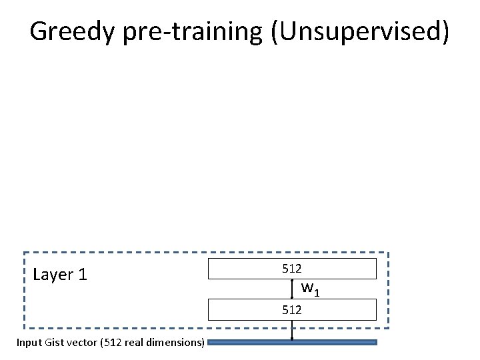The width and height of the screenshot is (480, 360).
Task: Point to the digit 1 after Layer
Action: pyautogui.click(x=83, y=275)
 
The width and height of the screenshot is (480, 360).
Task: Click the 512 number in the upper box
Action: pyautogui.click(x=292, y=269)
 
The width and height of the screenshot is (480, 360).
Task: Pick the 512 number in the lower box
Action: pyautogui.click(x=292, y=310)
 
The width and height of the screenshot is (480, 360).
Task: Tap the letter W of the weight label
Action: pyautogui.click(x=307, y=288)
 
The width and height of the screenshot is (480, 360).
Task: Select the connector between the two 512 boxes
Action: pyautogui.click(x=292, y=289)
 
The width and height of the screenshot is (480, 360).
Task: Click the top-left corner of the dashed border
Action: pyautogui.click(x=25, y=253)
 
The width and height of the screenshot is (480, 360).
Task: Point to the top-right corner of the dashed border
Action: pyautogui.click(x=388, y=253)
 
